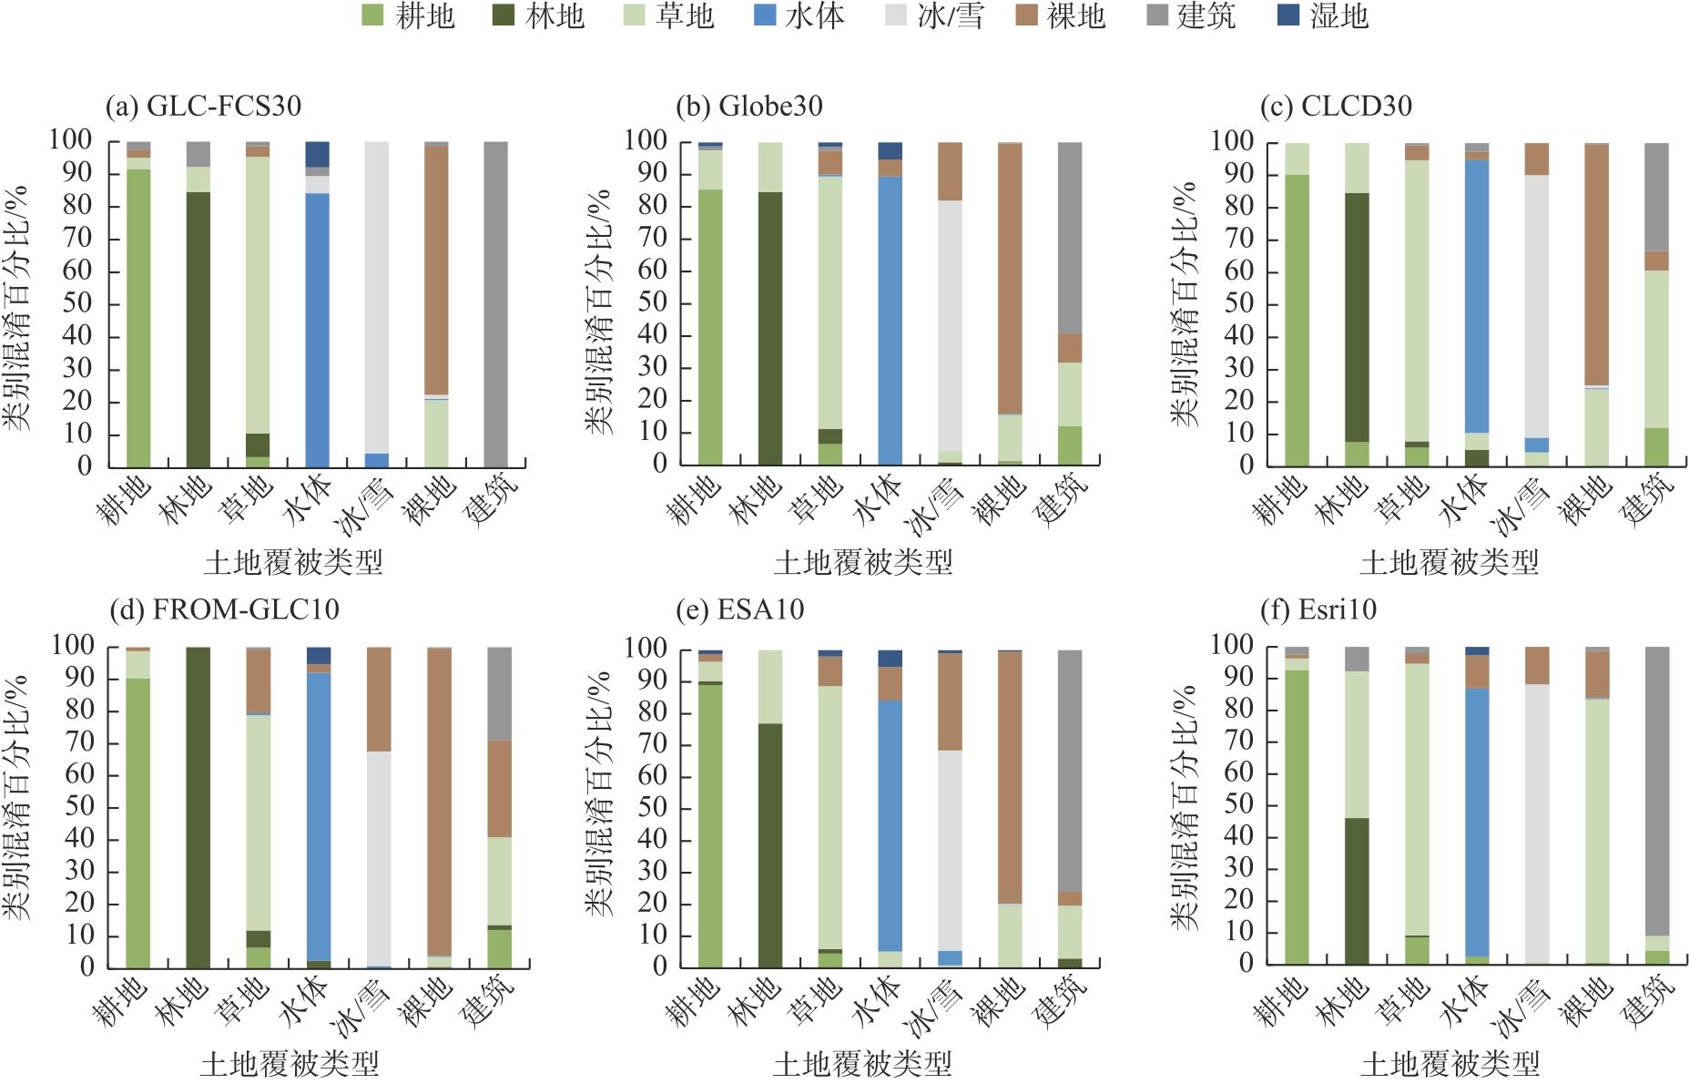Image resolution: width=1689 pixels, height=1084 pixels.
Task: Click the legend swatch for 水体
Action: [765, 15]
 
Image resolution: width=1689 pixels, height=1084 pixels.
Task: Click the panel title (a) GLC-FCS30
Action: [203, 107]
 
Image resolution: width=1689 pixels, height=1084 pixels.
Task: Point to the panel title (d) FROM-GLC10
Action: [223, 608]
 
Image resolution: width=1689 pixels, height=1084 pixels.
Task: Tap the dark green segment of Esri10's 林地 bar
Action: [1357, 892]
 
